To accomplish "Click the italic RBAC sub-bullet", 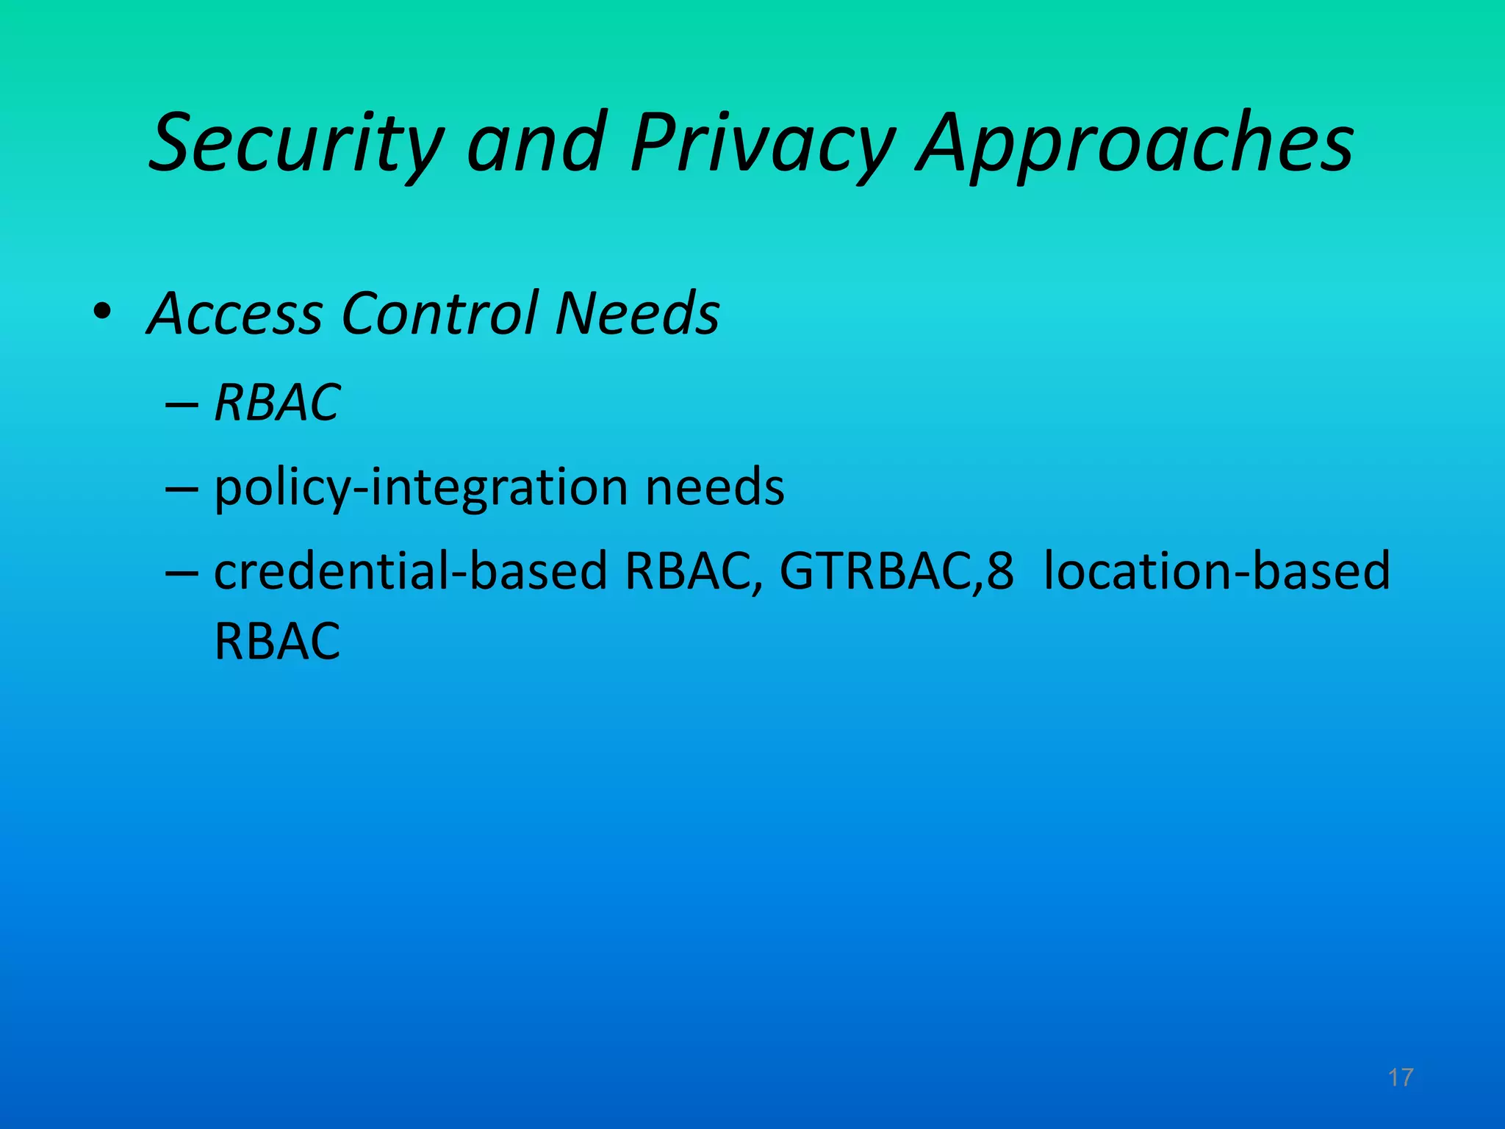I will tap(277, 403).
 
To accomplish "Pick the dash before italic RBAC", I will tap(182, 404).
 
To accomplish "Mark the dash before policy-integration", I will tap(182, 490).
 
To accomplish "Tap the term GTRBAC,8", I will tap(896, 571).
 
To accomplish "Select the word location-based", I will tap(1216, 571).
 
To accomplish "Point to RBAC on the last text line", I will tap(277, 642).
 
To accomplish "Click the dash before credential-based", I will tap(182, 573).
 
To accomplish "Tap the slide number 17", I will tap(1401, 1078).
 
